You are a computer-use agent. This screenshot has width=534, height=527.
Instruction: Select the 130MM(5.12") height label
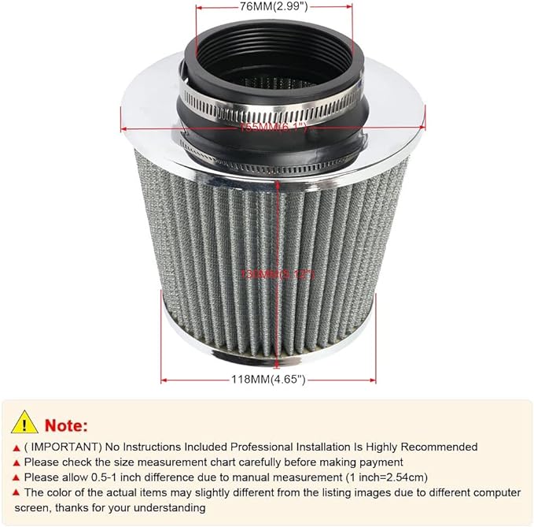(x=278, y=273)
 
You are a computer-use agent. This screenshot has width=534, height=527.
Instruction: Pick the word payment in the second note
(x=381, y=462)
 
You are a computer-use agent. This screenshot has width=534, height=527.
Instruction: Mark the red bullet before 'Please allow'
(x=16, y=477)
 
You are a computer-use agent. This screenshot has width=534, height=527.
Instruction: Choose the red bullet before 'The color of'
(x=16, y=492)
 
